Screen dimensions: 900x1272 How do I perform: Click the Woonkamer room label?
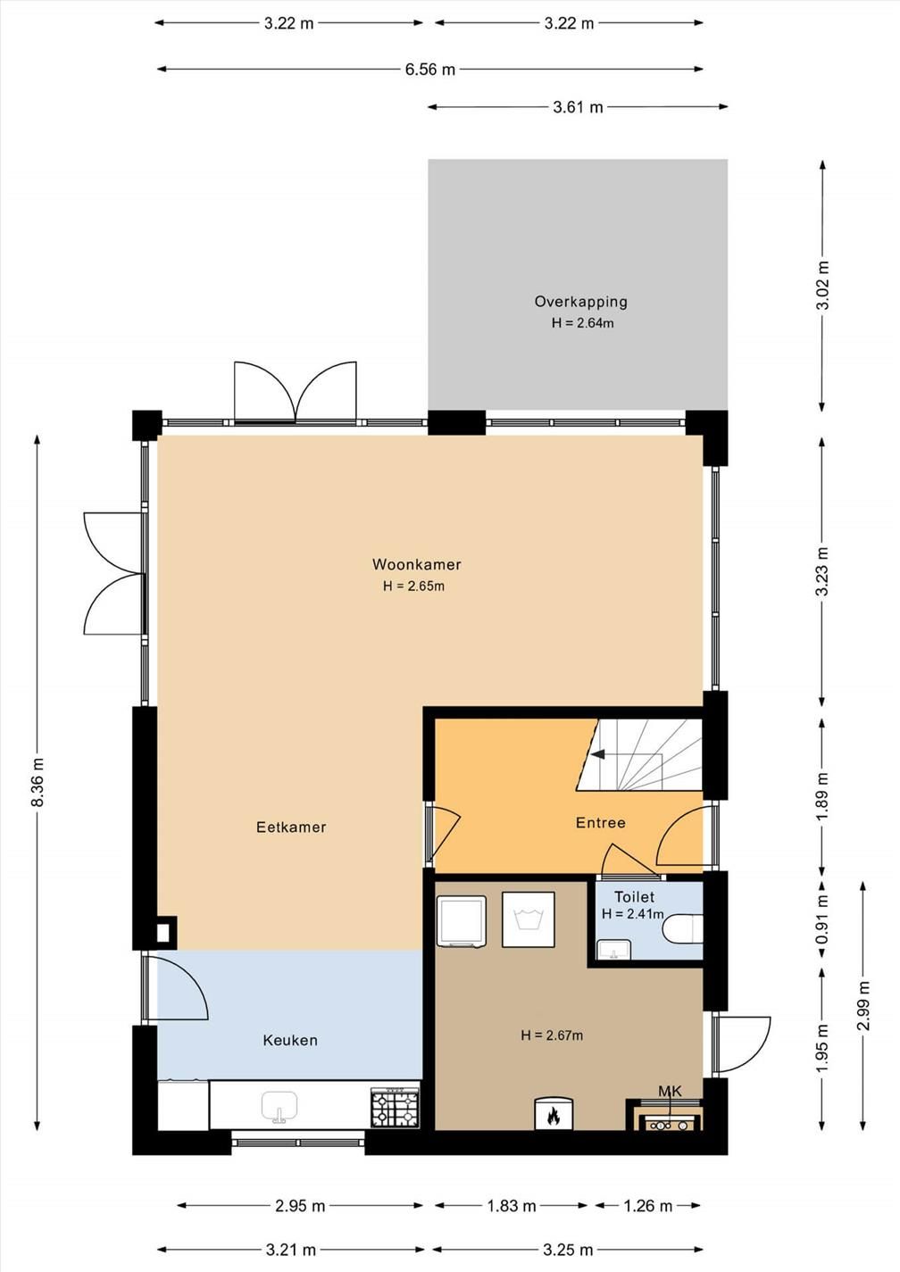point(416,564)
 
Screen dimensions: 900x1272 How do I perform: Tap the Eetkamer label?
point(291,827)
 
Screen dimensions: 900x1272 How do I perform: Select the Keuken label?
point(289,1040)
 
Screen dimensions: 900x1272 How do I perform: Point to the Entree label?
point(600,823)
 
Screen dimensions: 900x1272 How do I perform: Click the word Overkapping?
point(581,302)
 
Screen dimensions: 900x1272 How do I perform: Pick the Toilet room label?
point(634,897)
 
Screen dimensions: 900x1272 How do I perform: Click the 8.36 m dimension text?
point(37,782)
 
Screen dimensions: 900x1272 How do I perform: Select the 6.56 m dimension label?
point(429,70)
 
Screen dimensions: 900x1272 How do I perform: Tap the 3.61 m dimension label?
point(578,107)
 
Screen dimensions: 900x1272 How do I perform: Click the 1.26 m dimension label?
point(647,1206)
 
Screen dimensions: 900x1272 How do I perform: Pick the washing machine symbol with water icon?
point(528,920)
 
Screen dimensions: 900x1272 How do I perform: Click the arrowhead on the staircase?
point(597,754)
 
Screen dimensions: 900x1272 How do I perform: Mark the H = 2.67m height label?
point(552,1035)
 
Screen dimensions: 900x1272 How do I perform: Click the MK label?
point(670,1091)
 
